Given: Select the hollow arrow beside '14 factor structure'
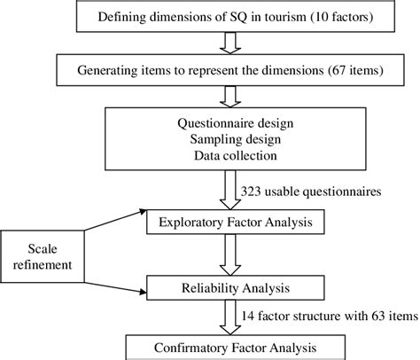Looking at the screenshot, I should tap(228, 313).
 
